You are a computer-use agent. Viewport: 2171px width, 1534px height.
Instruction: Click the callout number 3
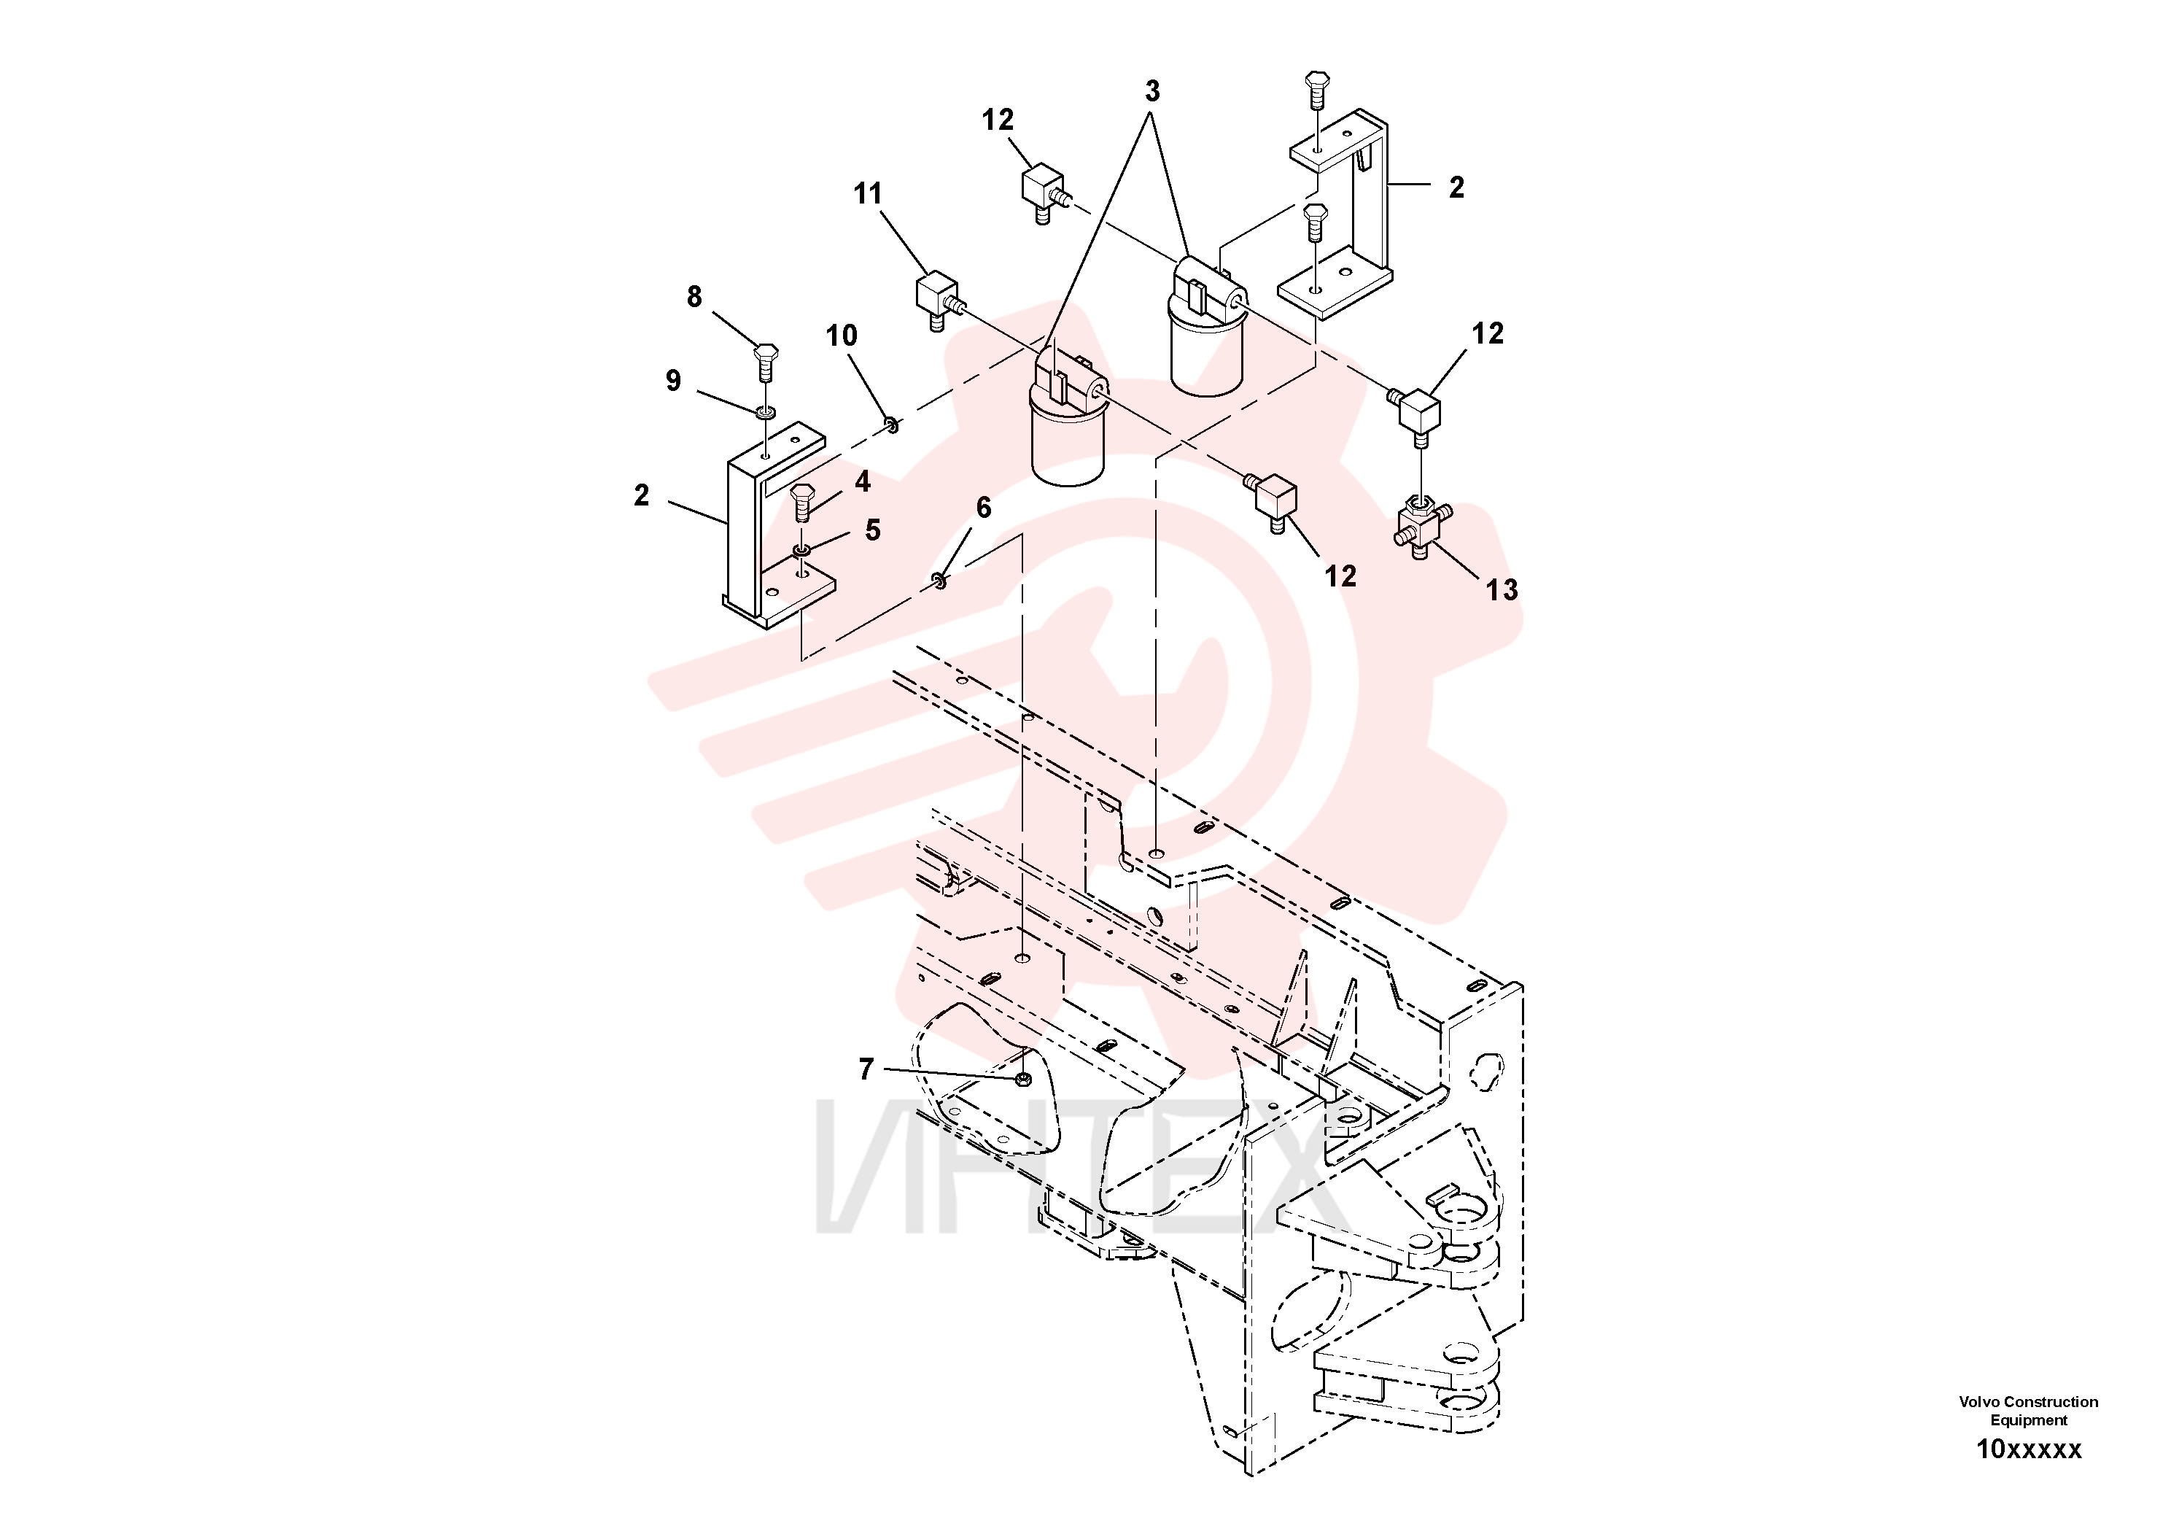pyautogui.click(x=1151, y=92)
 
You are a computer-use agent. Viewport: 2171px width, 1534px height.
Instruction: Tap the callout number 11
pyautogui.click(x=867, y=194)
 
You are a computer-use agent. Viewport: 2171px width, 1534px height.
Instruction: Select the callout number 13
pyautogui.click(x=1502, y=590)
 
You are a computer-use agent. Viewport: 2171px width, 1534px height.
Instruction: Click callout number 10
pyautogui.click(x=842, y=336)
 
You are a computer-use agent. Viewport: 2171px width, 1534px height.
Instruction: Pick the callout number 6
pyautogui.click(x=983, y=508)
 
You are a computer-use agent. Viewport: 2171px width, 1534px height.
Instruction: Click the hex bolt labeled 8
pyautogui.click(x=766, y=361)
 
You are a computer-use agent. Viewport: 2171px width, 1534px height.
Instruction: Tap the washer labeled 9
pyautogui.click(x=766, y=412)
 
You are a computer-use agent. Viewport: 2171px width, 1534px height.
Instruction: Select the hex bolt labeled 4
pyautogui.click(x=803, y=500)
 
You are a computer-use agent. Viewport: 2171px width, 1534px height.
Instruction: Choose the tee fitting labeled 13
pyautogui.click(x=1418, y=525)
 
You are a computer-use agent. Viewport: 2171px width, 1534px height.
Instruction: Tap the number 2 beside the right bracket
pyautogui.click(x=1456, y=188)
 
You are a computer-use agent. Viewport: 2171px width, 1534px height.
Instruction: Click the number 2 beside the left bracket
pyautogui.click(x=642, y=495)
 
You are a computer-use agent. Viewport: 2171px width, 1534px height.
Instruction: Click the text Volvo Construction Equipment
pyautogui.click(x=2028, y=1411)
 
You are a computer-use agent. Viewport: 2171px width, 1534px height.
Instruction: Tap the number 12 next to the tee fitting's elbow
pyautogui.click(x=1488, y=334)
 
